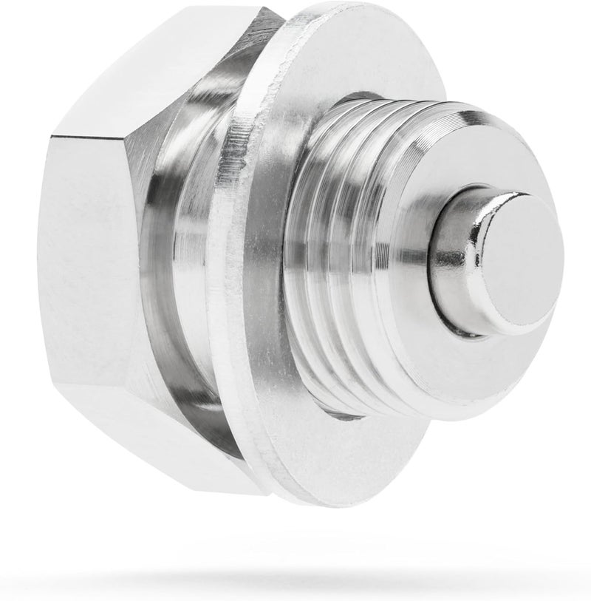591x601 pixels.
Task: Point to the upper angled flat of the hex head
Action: (x=148, y=67)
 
